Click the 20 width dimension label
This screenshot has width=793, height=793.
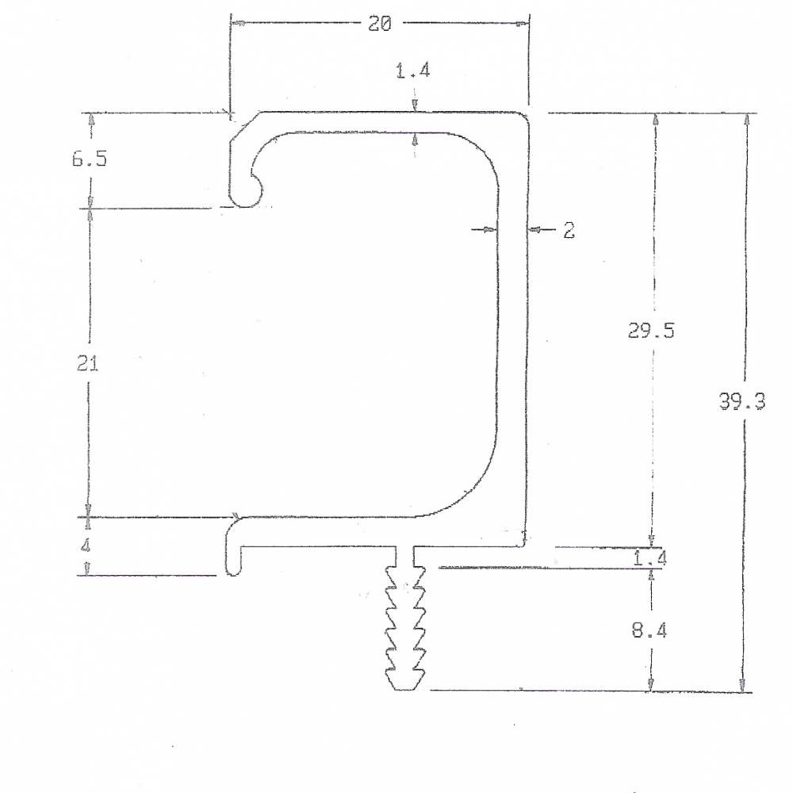[379, 24]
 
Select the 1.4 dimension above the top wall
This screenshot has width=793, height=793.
[412, 71]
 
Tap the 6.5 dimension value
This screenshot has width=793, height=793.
[89, 159]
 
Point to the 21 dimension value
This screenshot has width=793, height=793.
[87, 364]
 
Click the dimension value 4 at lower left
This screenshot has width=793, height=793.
[86, 546]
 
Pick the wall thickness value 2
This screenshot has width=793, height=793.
[568, 231]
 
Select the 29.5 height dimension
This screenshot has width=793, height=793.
[651, 331]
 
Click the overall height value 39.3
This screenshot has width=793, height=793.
[742, 402]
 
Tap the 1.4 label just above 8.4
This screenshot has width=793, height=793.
[650, 558]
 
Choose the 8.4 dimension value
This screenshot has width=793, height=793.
[650, 631]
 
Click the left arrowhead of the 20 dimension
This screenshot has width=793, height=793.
[236, 23]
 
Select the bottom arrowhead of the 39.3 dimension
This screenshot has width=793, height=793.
[742, 686]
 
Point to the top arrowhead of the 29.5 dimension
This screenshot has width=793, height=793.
[654, 119]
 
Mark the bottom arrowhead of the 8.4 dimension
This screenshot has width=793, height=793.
[651, 684]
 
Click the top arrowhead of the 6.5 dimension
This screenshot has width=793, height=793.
[91, 119]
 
